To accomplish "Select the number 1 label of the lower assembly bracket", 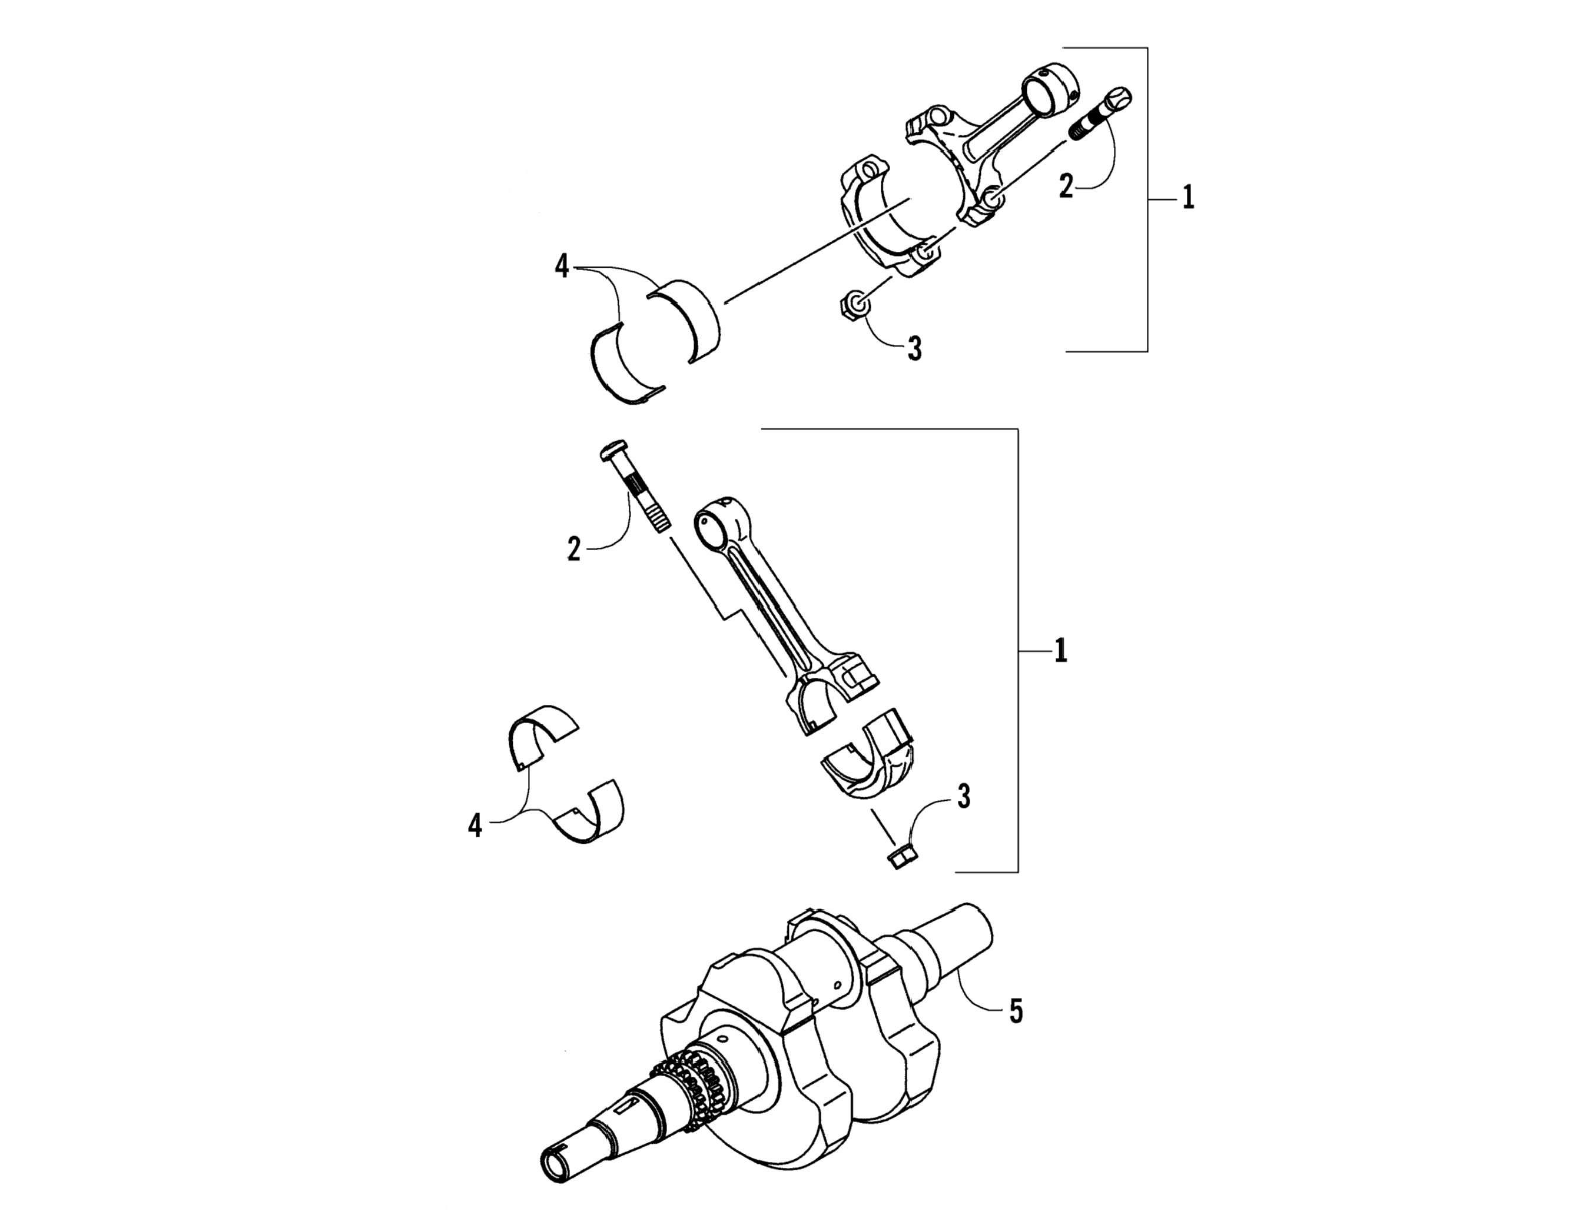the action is pos(1060,651).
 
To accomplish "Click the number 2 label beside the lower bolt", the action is pos(573,550).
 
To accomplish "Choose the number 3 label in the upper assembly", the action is pos(914,349).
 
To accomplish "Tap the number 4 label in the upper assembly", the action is pos(562,267).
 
